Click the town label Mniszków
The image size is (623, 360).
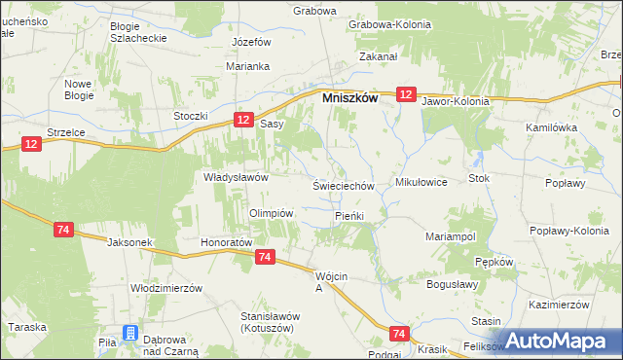pyautogui.click(x=349, y=98)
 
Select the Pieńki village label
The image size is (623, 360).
pyautogui.click(x=348, y=215)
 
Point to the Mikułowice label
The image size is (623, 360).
pyautogui.click(x=421, y=182)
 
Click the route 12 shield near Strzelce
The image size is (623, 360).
pyautogui.click(x=32, y=144)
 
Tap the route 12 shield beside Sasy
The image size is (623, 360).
pyautogui.click(x=243, y=119)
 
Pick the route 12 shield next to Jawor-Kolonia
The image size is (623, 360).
pyautogui.click(x=407, y=94)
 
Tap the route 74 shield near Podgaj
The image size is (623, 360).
pyautogui.click(x=398, y=333)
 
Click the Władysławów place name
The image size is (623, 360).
pyautogui.click(x=236, y=177)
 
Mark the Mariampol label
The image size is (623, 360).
pyautogui.click(x=450, y=236)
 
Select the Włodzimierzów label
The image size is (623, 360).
pyautogui.click(x=165, y=289)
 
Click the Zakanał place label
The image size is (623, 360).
pyautogui.click(x=378, y=57)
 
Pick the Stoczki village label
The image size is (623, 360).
pyautogui.click(x=192, y=117)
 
